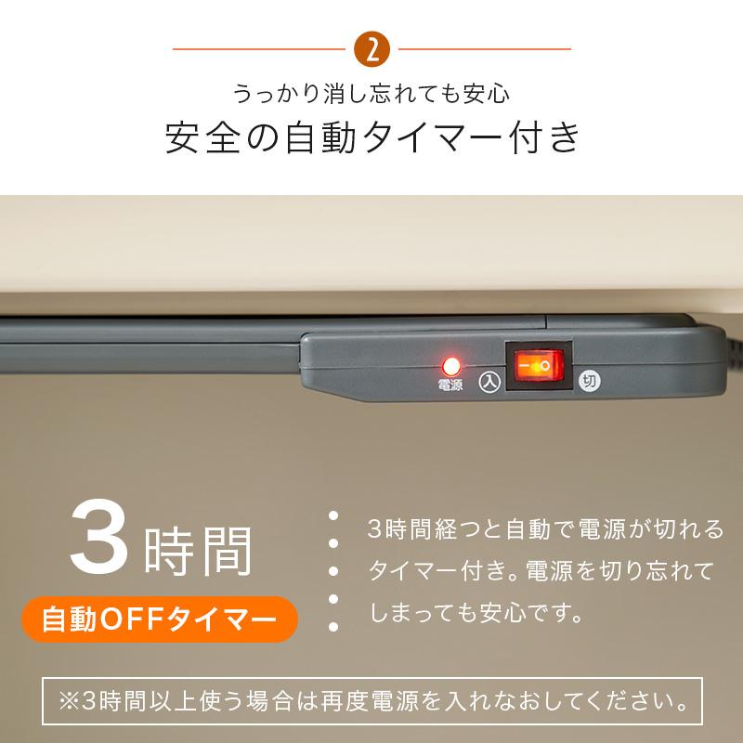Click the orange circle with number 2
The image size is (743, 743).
(371, 49)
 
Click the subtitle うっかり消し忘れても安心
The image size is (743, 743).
(371, 94)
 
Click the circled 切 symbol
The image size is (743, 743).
(588, 381)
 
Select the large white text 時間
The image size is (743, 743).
(199, 550)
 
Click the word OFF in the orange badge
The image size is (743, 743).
(150, 618)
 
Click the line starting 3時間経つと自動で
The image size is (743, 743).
(544, 530)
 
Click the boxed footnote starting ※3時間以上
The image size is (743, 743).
(371, 697)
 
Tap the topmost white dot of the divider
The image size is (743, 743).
(332, 515)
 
